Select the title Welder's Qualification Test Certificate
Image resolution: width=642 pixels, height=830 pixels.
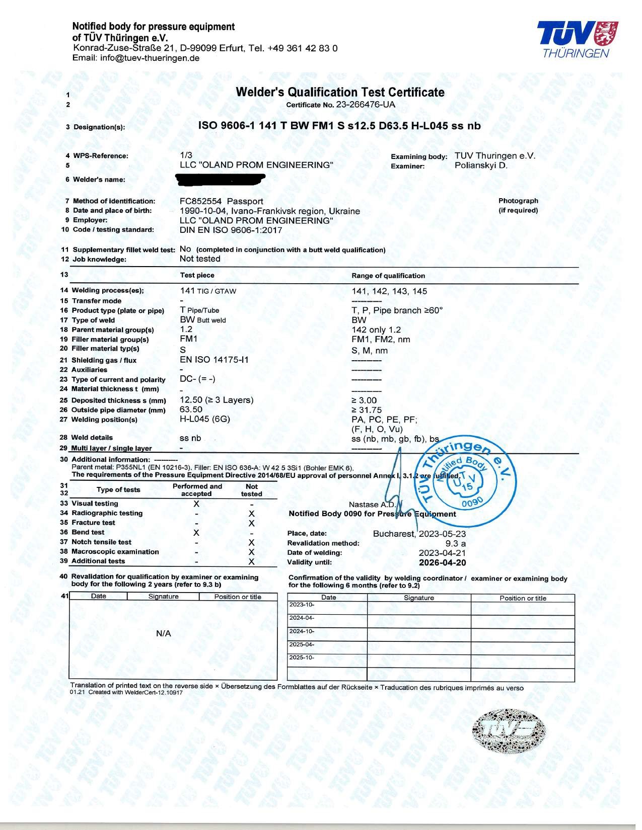tap(340, 92)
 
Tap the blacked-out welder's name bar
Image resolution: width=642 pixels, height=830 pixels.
tap(221, 179)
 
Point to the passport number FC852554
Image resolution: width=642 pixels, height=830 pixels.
tap(200, 201)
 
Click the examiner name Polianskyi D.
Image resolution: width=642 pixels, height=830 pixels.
tap(481, 165)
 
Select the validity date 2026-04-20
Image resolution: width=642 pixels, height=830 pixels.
tap(442, 562)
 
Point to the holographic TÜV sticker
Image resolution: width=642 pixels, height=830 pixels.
tap(510, 731)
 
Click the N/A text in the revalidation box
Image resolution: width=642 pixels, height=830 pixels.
tap(164, 634)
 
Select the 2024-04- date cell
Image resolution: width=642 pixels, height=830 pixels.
tap(302, 618)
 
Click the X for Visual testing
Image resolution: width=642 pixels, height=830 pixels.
tap(196, 504)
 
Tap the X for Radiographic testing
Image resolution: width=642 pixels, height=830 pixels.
tap(252, 514)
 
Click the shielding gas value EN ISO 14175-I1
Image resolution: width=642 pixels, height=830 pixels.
tap(214, 360)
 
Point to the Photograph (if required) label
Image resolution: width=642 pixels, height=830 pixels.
tap(518, 205)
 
